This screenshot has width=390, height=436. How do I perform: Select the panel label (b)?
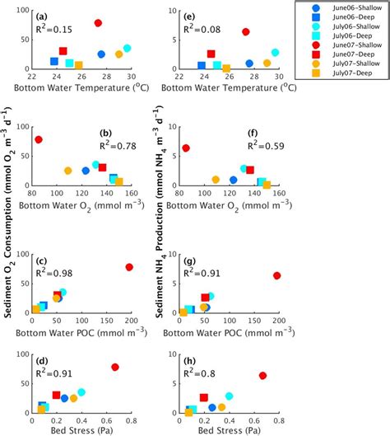pos(105,134)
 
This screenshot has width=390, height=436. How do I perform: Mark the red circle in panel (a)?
pos(98,23)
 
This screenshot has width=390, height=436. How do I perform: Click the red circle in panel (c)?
pos(129,267)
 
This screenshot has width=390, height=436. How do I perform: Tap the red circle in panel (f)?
pos(186,148)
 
